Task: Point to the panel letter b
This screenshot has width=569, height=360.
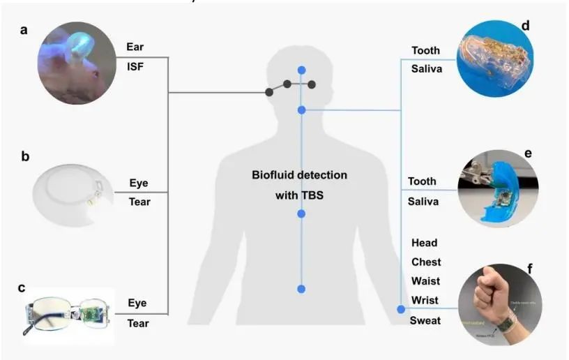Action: click(x=25, y=156)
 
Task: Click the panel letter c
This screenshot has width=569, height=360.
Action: click(x=22, y=287)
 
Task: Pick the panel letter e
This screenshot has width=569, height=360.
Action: click(x=529, y=151)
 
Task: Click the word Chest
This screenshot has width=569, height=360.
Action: click(x=425, y=262)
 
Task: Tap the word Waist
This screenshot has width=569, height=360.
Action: click(x=425, y=282)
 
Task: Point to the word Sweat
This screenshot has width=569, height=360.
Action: click(x=425, y=321)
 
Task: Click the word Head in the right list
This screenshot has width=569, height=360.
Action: click(x=425, y=243)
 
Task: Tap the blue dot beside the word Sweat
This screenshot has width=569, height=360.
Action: click(x=401, y=309)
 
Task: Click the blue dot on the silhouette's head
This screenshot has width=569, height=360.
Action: click(x=301, y=70)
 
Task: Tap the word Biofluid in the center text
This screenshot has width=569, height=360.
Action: click(x=275, y=174)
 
